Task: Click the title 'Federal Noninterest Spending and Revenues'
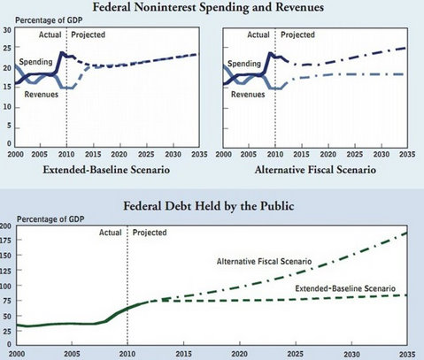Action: (208, 7)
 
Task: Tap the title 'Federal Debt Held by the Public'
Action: (209, 206)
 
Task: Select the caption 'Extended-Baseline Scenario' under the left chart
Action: (106, 170)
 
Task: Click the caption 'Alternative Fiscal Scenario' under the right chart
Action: (315, 170)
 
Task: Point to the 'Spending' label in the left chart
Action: (35, 62)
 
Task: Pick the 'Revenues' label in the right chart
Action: (248, 95)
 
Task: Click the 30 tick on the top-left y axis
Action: (7, 30)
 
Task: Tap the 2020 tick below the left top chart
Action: (119, 154)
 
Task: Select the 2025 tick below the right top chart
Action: (355, 154)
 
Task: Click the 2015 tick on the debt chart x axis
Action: (183, 354)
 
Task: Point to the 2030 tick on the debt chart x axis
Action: (351, 354)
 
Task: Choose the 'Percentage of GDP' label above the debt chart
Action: (50, 219)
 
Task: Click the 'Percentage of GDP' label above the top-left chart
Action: (49, 20)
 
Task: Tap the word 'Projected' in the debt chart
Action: (150, 233)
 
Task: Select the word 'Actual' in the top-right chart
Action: (258, 34)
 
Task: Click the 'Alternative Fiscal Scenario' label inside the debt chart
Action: (264, 262)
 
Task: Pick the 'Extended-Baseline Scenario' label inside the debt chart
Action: (345, 288)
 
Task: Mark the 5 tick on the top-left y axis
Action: (9, 126)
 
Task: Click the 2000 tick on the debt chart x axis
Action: (17, 354)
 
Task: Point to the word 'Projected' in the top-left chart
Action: (89, 34)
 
